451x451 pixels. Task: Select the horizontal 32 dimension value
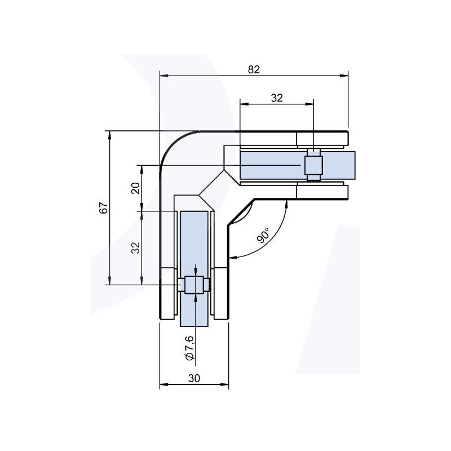(276, 98)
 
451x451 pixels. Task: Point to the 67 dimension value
(103, 208)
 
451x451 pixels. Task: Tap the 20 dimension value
(135, 188)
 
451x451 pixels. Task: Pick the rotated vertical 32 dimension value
(135, 247)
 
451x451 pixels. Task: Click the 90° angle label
(264, 235)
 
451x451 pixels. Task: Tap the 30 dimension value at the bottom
(194, 379)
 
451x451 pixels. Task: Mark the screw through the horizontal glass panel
(313, 165)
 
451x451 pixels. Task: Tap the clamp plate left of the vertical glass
(169, 293)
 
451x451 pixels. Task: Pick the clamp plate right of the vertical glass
(220, 293)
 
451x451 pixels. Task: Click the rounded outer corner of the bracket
(172, 144)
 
